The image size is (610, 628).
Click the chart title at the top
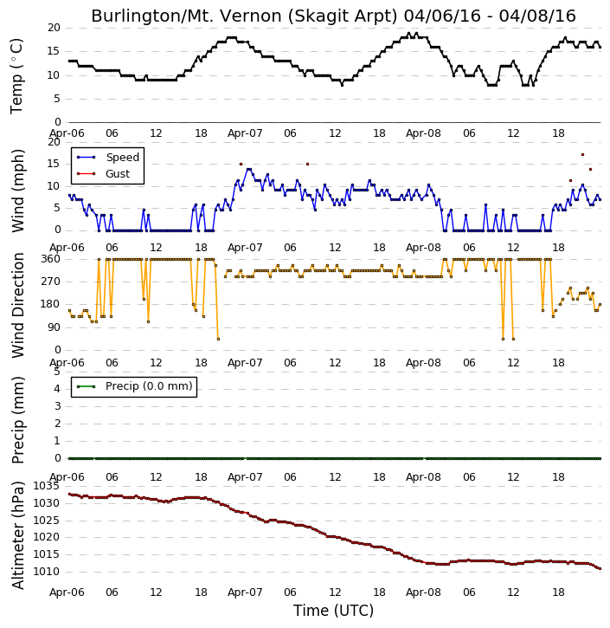click(333, 16)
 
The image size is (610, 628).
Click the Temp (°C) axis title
click(16, 76)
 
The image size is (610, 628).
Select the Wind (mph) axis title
click(17, 191)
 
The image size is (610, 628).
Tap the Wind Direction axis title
click(17, 305)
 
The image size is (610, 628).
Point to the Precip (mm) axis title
click(17, 420)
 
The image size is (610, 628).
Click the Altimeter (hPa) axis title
click(17, 535)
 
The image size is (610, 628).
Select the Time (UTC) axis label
click(333, 611)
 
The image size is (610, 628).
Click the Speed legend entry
click(122, 158)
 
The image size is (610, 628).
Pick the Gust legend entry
click(118, 174)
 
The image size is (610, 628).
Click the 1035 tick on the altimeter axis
click(46, 486)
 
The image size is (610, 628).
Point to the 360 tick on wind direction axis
click(51, 259)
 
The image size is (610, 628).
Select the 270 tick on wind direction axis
click(51, 282)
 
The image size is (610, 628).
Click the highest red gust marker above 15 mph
click(583, 154)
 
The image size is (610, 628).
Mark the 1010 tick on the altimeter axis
click(46, 572)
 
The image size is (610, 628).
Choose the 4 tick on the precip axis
click(58, 389)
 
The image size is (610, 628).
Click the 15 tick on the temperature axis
click(54, 51)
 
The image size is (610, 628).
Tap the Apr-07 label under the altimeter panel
click(245, 592)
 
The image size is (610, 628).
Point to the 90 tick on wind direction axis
click(54, 327)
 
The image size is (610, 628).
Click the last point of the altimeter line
click(600, 569)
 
